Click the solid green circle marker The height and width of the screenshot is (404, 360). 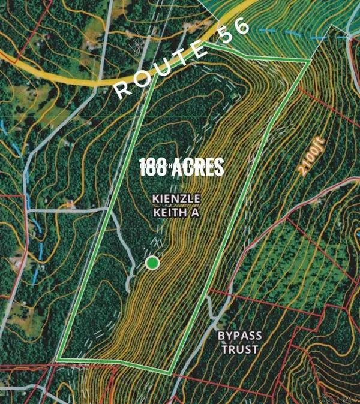153,263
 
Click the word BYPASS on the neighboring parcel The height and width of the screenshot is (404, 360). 238,337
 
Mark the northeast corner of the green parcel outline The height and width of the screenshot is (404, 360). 310,61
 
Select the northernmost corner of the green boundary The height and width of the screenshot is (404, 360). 208,44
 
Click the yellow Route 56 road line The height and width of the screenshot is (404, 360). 72,77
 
